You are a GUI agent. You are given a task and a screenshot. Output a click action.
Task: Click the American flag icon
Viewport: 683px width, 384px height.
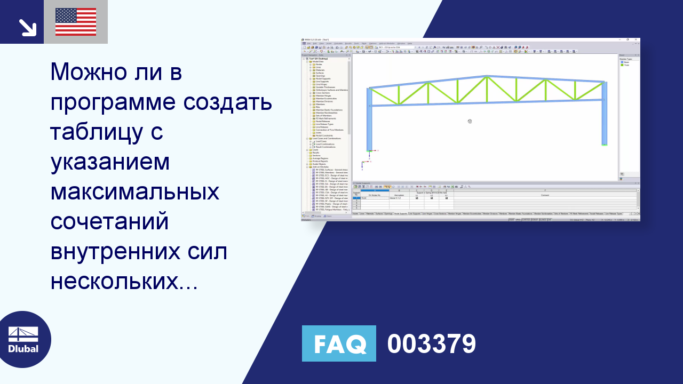[76, 22]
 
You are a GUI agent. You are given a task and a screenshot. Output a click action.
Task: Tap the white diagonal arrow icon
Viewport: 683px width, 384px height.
[27, 27]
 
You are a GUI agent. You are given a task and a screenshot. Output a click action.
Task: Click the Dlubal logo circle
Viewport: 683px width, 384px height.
[23, 340]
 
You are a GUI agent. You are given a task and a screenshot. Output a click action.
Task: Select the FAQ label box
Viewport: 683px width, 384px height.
[339, 343]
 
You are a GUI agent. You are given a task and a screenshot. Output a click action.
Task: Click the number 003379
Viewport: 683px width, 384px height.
[431, 344]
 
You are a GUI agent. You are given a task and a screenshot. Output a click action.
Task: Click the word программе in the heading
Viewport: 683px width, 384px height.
[111, 103]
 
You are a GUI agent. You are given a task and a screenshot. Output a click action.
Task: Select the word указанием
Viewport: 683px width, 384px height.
[110, 162]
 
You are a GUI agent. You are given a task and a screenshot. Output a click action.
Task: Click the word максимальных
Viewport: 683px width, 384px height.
[134, 191]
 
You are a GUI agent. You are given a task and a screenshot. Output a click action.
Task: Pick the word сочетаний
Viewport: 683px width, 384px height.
[109, 221]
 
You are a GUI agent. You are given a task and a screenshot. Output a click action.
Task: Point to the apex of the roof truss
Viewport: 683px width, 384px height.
[487, 77]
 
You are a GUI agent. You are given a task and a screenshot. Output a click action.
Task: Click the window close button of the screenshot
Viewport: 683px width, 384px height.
[636, 39]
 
